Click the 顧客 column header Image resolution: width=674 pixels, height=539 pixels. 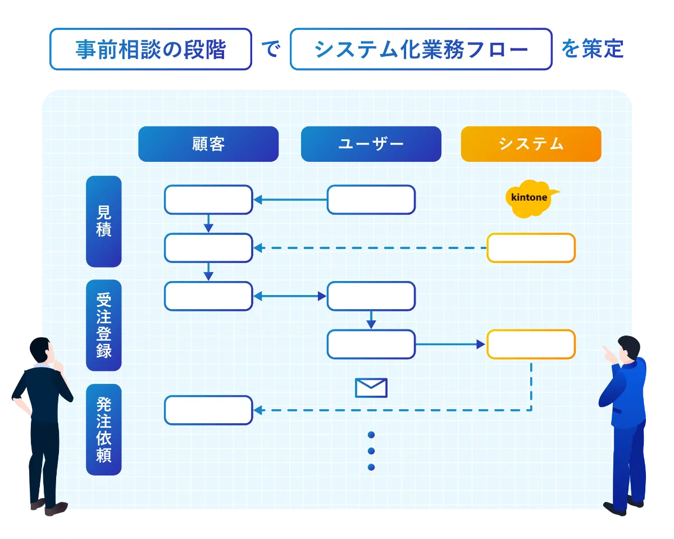tap(208, 144)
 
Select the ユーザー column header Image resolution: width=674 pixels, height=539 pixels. tap(371, 144)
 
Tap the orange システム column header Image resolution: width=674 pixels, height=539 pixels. tap(531, 144)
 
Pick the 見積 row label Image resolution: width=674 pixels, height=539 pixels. tap(104, 221)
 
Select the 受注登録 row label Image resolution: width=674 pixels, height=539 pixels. tap(104, 325)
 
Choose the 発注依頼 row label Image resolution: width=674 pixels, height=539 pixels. tap(104, 429)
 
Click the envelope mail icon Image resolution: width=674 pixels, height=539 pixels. tap(371, 388)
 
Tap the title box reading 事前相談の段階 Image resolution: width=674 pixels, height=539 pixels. tap(151, 49)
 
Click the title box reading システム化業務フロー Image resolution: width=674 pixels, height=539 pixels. tap(421, 49)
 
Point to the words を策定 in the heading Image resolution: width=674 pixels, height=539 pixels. tap(592, 49)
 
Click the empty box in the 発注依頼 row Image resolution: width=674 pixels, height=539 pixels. tap(208, 410)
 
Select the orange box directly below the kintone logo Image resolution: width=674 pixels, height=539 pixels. tap(531, 248)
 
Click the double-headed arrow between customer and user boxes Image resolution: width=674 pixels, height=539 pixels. tap(290, 296)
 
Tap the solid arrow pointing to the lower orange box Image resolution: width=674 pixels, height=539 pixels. tap(450, 345)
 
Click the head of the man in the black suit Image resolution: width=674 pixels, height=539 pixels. tap(42, 350)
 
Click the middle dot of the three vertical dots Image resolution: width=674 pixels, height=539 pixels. tap(371, 451)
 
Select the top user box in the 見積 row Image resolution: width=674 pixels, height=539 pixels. tap(371, 200)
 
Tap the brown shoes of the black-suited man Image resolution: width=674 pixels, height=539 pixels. tap(49, 507)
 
